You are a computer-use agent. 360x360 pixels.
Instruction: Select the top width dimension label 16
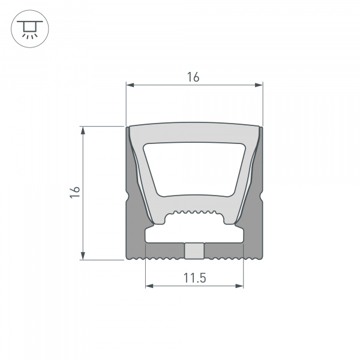click(193, 77)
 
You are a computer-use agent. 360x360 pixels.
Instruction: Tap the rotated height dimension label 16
click(74, 192)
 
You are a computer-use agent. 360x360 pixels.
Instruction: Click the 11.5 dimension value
click(194, 277)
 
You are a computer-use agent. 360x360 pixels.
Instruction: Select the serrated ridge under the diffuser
click(194, 213)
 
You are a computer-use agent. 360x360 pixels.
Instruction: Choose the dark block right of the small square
click(223, 251)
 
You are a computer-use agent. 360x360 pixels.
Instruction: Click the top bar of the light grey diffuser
click(194, 133)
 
